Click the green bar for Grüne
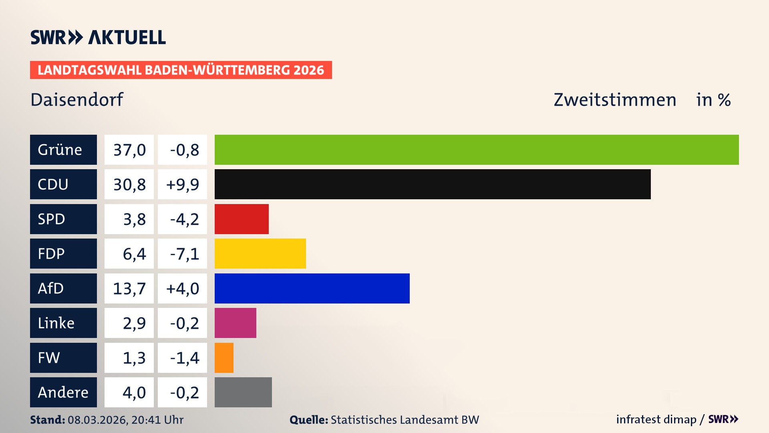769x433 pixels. (477, 150)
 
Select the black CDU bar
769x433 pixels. (433, 184)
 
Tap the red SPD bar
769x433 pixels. (242, 219)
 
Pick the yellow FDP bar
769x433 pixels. (260, 253)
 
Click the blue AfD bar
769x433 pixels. (312, 288)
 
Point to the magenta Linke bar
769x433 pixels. (236, 323)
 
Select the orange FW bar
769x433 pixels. (224, 358)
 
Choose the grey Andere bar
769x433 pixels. (243, 392)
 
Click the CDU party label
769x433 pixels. (63, 184)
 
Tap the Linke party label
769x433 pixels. (63, 323)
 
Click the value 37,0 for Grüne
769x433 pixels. (129, 150)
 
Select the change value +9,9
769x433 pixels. (182, 184)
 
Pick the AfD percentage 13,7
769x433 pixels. (129, 288)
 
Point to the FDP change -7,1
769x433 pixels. (182, 253)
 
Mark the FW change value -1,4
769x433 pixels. (182, 358)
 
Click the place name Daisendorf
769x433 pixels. (77, 99)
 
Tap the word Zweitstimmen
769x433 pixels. (615, 99)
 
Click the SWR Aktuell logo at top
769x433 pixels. (98, 37)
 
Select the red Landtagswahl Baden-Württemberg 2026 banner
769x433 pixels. (181, 70)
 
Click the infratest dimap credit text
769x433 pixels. (656, 419)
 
